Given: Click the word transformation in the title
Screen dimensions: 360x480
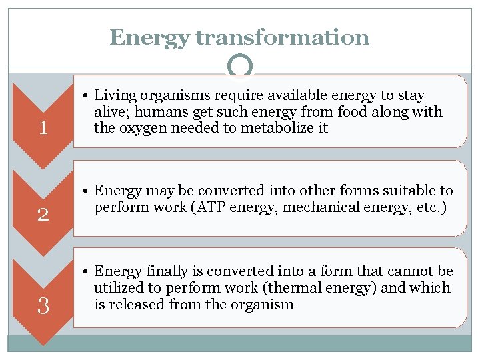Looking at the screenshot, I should click(x=282, y=37).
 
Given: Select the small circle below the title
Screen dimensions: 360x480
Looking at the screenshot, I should click(x=240, y=66).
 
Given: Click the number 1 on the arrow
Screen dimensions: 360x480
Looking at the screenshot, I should click(x=43, y=127).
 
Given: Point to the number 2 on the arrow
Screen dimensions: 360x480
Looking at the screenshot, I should click(x=43, y=214).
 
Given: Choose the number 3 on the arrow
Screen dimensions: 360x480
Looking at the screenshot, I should click(x=43, y=305).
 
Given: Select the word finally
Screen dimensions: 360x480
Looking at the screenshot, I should click(x=163, y=272).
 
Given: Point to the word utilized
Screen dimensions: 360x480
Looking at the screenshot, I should click(x=119, y=288).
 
